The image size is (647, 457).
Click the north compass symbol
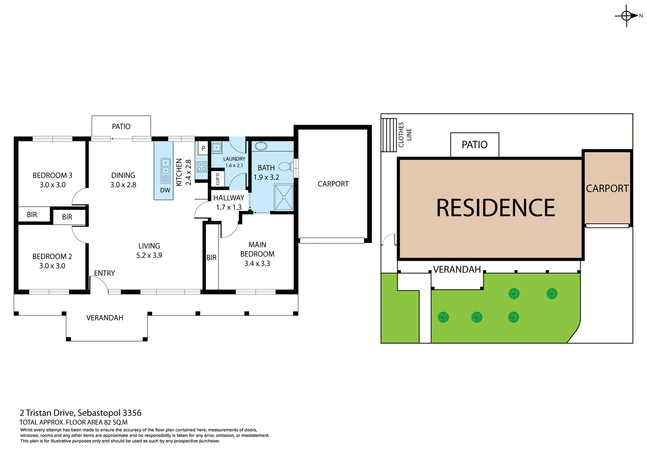(626, 16)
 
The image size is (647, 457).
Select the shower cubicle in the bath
(284, 197)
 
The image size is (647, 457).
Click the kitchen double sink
(165, 166)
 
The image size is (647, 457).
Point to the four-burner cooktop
(202, 167)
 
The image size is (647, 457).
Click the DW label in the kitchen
(165, 190)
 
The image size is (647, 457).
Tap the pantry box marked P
(203, 148)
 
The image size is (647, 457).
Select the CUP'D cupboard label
(217, 179)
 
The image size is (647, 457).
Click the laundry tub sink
(216, 147)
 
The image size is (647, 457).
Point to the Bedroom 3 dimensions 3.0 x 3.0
(53, 185)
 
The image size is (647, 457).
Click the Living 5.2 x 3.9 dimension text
(149, 255)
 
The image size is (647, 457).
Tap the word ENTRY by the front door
(104, 273)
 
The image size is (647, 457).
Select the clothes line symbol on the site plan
(389, 135)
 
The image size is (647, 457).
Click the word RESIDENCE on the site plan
(495, 208)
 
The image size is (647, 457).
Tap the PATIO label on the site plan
(474, 145)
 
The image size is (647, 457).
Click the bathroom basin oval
(261, 146)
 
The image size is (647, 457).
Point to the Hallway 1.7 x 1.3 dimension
(229, 207)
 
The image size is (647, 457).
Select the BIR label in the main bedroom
(211, 257)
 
